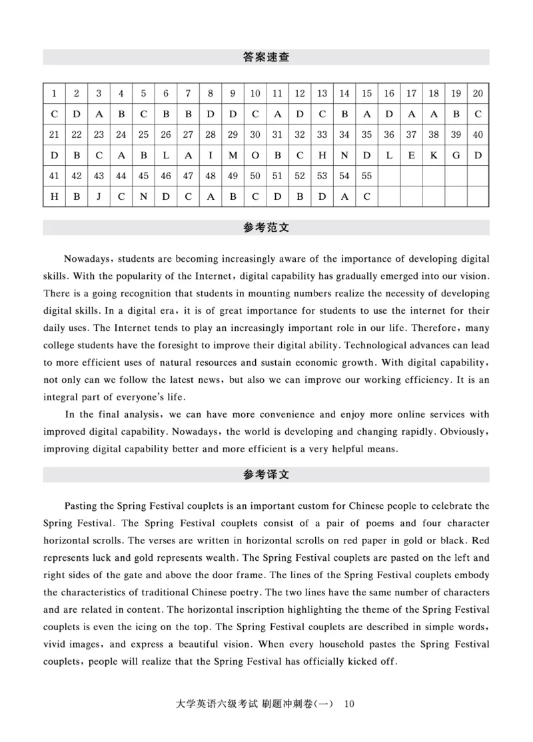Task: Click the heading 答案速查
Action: pos(266,57)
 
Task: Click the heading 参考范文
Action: pos(266,228)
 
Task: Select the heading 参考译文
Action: pos(266,475)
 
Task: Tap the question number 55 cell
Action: pos(366,176)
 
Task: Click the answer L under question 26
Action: pos(166,155)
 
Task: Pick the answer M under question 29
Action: pos(233,155)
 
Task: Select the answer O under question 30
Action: pos(255,155)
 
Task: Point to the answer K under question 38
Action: pos(434,155)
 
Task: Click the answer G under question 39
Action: pos(456,155)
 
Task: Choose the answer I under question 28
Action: pos(211,155)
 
